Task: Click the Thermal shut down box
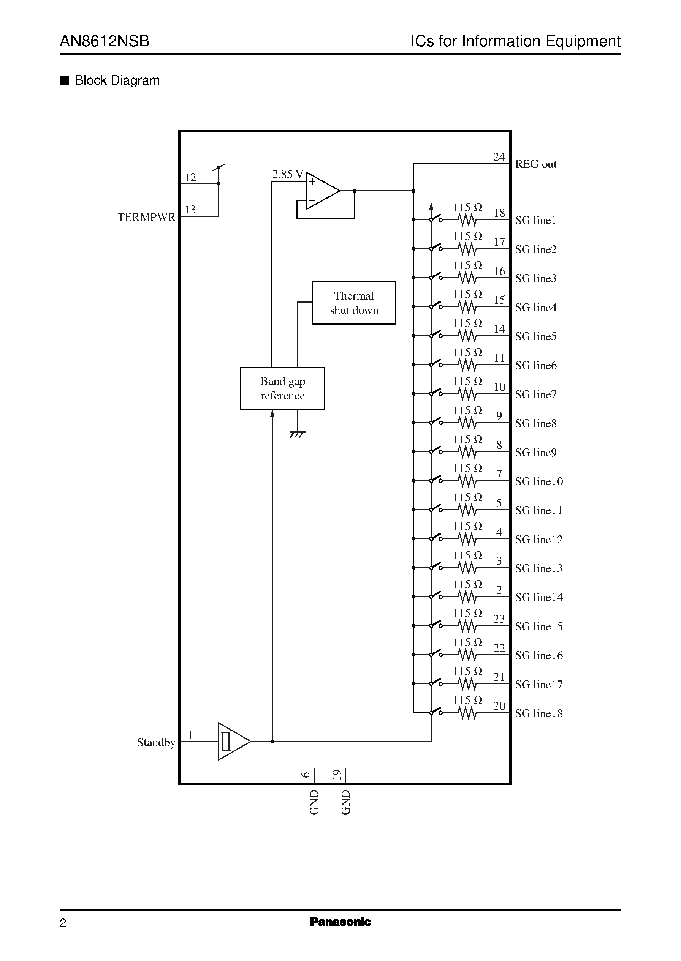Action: click(353, 303)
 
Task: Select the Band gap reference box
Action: click(282, 388)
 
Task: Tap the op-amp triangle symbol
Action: click(321, 191)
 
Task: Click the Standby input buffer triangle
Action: click(233, 741)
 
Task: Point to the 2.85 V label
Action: click(287, 175)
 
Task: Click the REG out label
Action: click(535, 164)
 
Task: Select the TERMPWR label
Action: click(146, 217)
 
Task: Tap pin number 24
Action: click(499, 157)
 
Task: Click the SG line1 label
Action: click(535, 220)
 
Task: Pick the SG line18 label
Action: click(539, 713)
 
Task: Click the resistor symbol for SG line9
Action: click(467, 452)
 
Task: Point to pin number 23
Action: click(499, 619)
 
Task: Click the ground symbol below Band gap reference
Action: click(297, 434)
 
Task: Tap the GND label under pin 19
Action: click(345, 802)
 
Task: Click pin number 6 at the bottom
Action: click(306, 775)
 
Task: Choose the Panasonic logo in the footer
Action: click(340, 922)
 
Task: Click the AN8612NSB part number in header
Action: click(105, 41)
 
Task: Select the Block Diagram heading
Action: click(117, 80)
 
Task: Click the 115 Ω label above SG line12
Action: click(467, 526)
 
